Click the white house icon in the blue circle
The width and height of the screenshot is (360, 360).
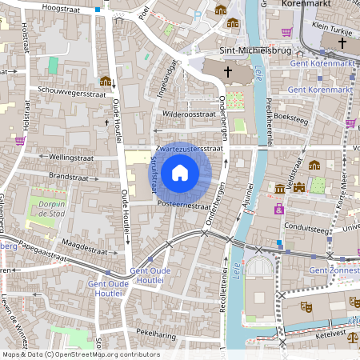tap(180, 173)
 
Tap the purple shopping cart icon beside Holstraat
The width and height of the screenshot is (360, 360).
tap(20, 141)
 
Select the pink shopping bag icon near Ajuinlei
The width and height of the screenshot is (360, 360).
tap(279, 209)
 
